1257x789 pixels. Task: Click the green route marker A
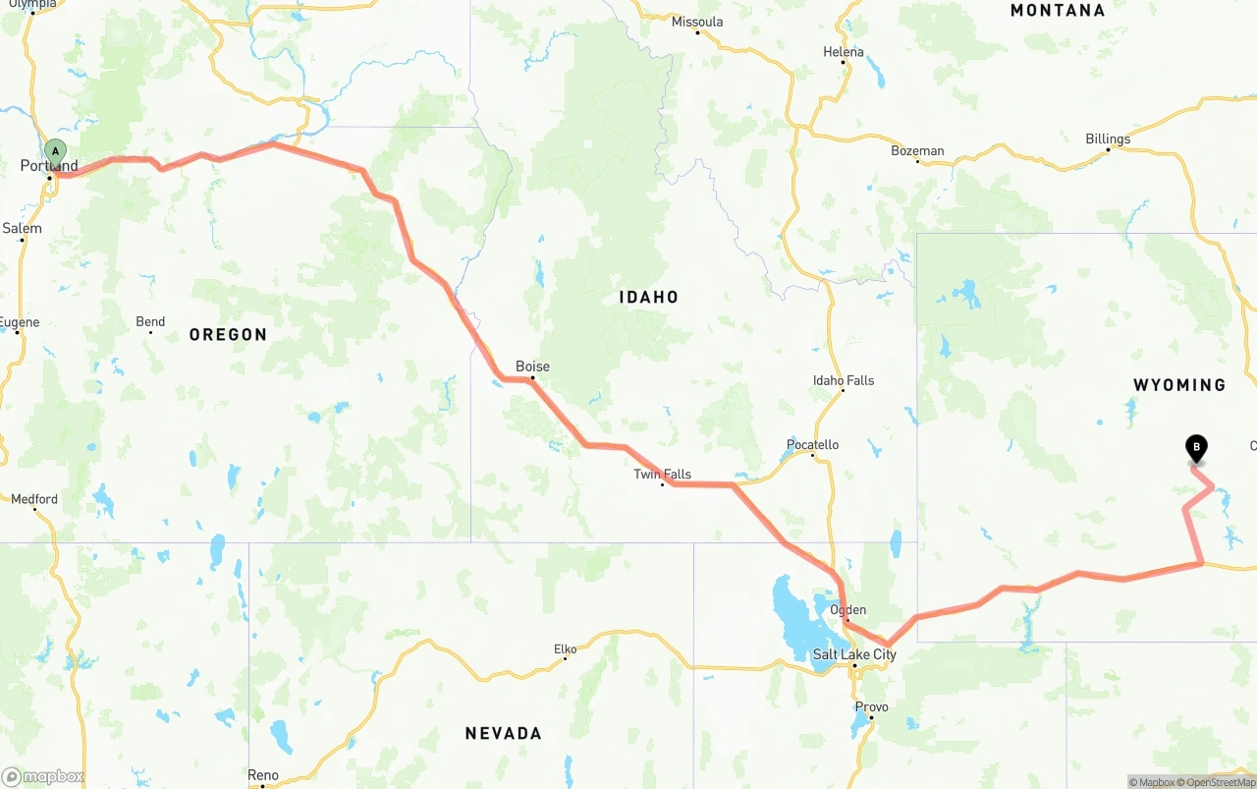click(x=56, y=152)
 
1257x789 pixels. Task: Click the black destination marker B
click(x=1196, y=448)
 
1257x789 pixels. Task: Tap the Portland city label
click(x=49, y=166)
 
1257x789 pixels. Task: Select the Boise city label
click(x=532, y=366)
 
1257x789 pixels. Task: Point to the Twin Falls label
click(x=662, y=475)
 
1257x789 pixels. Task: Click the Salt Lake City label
click(x=854, y=654)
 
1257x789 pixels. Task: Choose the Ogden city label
click(x=847, y=610)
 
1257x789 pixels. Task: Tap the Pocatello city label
click(x=812, y=445)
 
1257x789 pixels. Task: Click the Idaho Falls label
click(x=843, y=380)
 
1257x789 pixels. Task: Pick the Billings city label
click(x=1108, y=140)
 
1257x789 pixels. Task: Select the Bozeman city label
click(x=917, y=151)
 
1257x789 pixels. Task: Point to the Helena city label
click(x=844, y=52)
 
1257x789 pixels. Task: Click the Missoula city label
click(x=697, y=22)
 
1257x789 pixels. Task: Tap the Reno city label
click(x=262, y=775)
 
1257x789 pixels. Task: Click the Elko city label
click(x=565, y=648)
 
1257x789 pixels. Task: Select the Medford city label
click(x=34, y=499)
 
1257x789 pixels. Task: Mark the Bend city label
click(x=150, y=322)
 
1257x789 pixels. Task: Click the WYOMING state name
click(x=1179, y=385)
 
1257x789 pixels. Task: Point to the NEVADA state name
click(x=503, y=733)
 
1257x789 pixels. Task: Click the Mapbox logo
click(x=42, y=777)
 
